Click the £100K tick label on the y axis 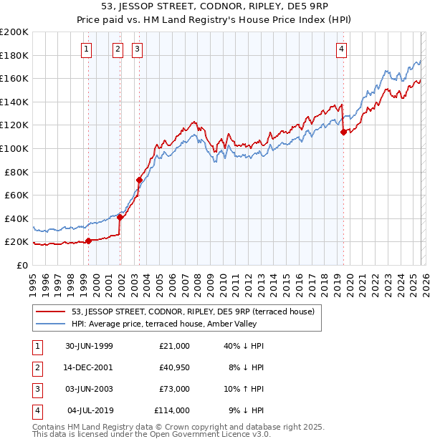[14, 148]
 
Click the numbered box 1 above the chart [86, 49]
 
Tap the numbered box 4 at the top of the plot [342, 49]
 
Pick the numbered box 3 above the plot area [136, 49]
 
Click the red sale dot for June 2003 [139, 180]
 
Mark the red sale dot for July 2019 [343, 132]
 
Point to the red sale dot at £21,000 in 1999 [89, 241]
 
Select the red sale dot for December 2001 [120, 217]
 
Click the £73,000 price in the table [172, 389]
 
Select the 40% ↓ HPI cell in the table [244, 346]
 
